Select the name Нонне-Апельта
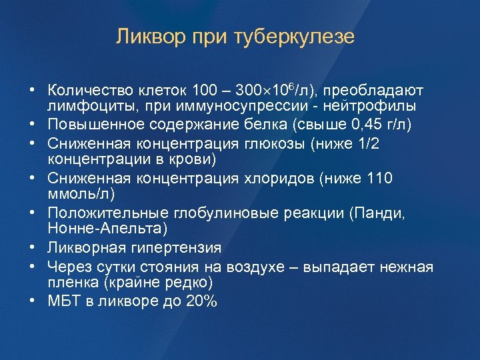click(104, 229)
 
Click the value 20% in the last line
click(201, 301)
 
